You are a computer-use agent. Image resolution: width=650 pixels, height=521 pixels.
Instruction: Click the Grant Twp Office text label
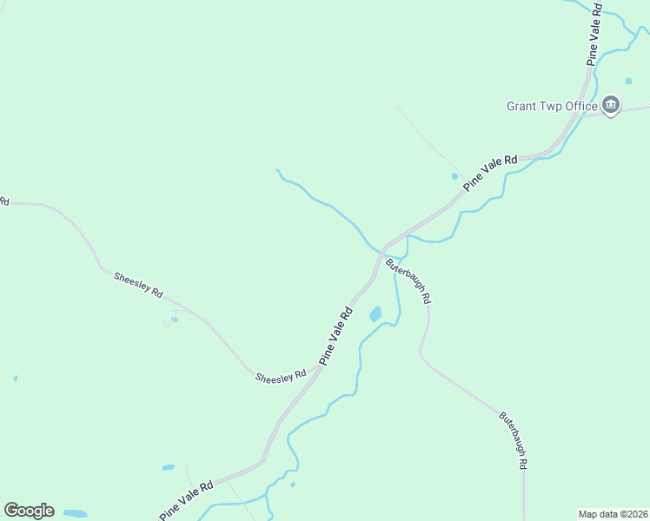pyautogui.click(x=552, y=107)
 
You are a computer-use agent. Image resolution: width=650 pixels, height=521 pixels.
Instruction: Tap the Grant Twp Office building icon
pyautogui.click(x=611, y=106)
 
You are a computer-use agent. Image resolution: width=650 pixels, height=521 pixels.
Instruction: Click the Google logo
pyautogui.click(x=29, y=511)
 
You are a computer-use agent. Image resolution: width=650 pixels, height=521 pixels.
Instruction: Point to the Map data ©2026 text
pyautogui.click(x=613, y=514)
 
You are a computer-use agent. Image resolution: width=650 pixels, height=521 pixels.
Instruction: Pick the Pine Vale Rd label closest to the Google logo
pyautogui.click(x=186, y=501)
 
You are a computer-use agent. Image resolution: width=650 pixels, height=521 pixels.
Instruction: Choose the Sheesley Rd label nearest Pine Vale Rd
pyautogui.click(x=281, y=376)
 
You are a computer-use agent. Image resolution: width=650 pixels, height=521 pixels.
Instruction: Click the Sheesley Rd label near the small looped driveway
pyautogui.click(x=138, y=285)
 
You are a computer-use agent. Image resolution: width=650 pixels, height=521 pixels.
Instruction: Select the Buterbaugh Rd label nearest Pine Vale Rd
pyautogui.click(x=408, y=280)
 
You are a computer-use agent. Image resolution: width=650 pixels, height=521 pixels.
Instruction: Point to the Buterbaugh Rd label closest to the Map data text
pyautogui.click(x=514, y=440)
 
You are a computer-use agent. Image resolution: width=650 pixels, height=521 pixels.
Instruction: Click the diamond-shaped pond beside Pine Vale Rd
pyautogui.click(x=375, y=313)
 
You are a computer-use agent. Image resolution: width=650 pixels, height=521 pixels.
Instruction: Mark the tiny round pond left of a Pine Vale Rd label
pyautogui.click(x=454, y=175)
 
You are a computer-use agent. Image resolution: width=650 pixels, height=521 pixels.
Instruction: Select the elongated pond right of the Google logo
pyautogui.click(x=75, y=513)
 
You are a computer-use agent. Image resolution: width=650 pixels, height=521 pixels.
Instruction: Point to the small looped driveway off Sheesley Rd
pyautogui.click(x=170, y=318)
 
